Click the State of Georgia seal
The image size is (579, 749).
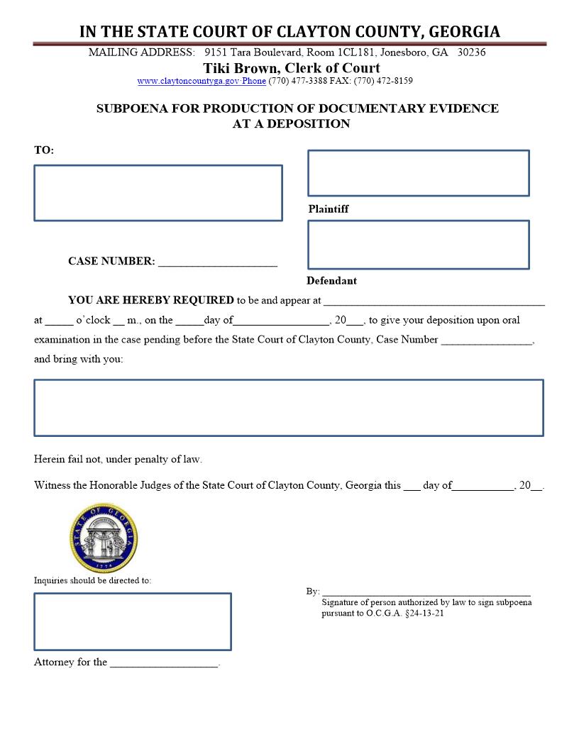pyautogui.click(x=104, y=538)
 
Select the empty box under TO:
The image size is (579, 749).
pyautogui.click(x=158, y=193)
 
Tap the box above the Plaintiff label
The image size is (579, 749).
pyautogui.click(x=418, y=173)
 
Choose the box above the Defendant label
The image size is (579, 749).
pyautogui.click(x=418, y=245)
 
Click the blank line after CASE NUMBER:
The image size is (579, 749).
pyautogui.click(x=217, y=262)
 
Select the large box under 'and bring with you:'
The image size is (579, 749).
pyautogui.click(x=288, y=408)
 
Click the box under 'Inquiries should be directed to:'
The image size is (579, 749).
pyautogui.click(x=133, y=622)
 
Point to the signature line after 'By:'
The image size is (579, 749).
pyautogui.click(x=426, y=592)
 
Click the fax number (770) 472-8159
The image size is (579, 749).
pyautogui.click(x=383, y=81)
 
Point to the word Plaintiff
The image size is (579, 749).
pyautogui.click(x=329, y=209)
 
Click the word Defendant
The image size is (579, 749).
pyautogui.click(x=331, y=281)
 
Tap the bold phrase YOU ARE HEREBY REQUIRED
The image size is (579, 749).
pyautogui.click(x=151, y=300)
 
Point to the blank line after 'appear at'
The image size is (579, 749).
pyautogui.click(x=434, y=301)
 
